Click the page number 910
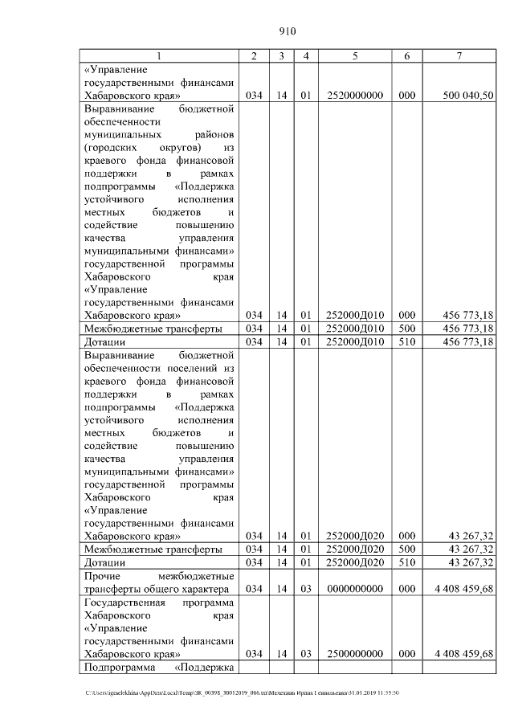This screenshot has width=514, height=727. click(288, 32)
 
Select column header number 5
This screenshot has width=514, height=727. click(354, 56)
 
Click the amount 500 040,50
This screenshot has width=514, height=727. click(468, 95)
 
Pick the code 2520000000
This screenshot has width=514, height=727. click(354, 95)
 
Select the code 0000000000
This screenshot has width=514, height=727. click(354, 589)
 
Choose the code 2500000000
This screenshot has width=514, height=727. click(354, 654)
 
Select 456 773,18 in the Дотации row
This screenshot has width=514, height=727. click(468, 342)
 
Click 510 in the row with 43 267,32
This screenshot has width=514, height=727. click(406, 562)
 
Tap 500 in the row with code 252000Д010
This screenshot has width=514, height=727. click(406, 329)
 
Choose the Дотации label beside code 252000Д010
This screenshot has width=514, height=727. click(104, 342)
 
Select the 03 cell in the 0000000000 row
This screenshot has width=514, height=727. click(305, 589)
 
